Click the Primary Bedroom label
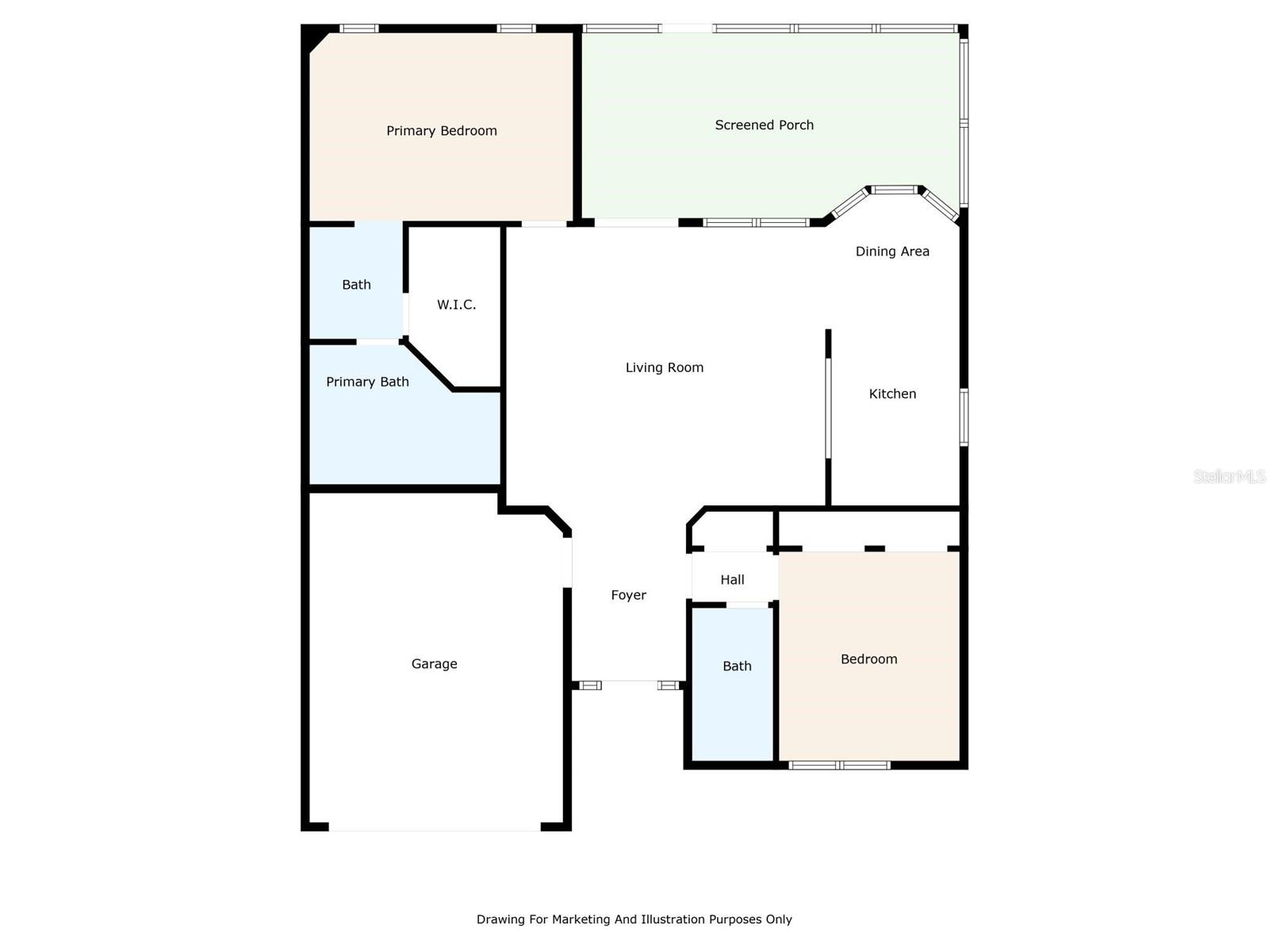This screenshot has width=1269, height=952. tap(441, 131)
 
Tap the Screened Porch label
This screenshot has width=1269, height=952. tap(764, 125)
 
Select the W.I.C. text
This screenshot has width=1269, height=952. tap(456, 305)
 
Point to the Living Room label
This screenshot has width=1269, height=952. tap(664, 367)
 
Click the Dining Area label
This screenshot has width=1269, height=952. tap(891, 251)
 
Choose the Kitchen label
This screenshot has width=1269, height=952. tap(892, 393)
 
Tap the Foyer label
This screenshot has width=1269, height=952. tap(628, 595)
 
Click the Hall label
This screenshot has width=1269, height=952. tap(732, 580)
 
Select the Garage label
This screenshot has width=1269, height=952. tap(434, 664)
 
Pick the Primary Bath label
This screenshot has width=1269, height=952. tap(367, 382)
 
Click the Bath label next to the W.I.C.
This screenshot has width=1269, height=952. tap(356, 285)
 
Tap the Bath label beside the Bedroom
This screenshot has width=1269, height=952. tap(737, 666)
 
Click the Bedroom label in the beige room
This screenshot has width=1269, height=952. tap(868, 659)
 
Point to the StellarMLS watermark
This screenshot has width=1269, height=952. tap(1229, 476)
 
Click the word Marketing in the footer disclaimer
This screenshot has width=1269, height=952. tap(581, 919)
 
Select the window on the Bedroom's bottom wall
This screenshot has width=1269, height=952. tap(839, 766)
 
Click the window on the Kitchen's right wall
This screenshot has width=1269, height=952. tap(964, 416)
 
